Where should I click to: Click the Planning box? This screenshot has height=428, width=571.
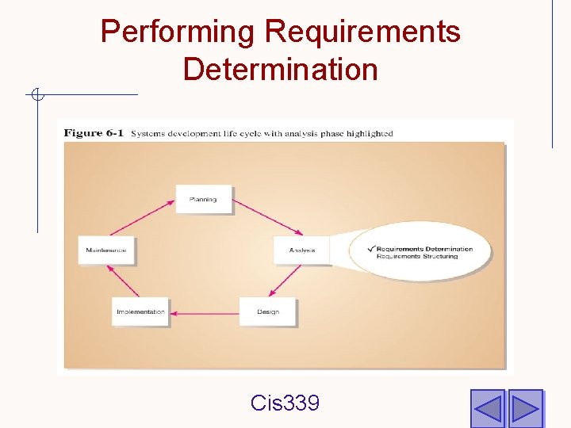(x=203, y=200)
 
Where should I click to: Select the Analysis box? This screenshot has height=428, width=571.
(x=301, y=250)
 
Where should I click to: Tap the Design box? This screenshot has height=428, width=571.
(x=268, y=311)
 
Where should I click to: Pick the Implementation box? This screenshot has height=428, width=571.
(x=140, y=311)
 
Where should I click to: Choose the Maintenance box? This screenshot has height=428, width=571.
(x=106, y=250)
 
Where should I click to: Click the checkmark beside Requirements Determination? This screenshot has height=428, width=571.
(x=371, y=248)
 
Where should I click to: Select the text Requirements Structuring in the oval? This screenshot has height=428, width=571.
(x=417, y=257)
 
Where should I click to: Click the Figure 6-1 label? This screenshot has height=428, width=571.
(x=94, y=133)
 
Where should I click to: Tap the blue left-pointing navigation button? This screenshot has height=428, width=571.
(x=487, y=408)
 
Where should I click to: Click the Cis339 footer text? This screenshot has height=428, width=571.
(x=285, y=403)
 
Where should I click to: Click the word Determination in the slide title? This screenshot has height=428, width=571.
(x=280, y=69)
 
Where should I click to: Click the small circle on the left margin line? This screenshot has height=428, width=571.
(x=36, y=96)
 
